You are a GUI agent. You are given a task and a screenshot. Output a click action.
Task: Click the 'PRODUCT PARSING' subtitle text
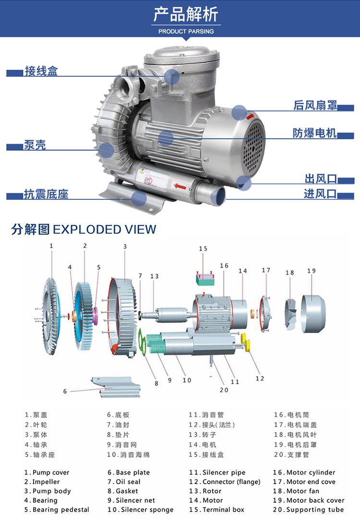click(186, 31)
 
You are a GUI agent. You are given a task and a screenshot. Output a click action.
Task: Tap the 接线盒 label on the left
click(41, 71)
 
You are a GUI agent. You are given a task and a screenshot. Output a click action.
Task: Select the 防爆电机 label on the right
click(315, 133)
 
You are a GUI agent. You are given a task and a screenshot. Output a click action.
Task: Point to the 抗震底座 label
click(46, 194)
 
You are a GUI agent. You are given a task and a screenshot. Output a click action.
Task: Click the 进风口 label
click(320, 194)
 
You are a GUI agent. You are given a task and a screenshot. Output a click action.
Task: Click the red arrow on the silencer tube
click(179, 186)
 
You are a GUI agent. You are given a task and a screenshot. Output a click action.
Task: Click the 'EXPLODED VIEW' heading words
click(105, 230)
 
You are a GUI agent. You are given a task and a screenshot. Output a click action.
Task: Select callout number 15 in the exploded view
click(203, 249)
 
